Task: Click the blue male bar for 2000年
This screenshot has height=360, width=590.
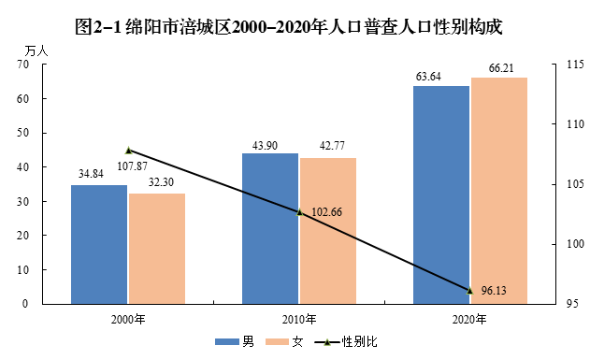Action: [99, 244]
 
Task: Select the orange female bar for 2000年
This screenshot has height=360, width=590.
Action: [157, 249]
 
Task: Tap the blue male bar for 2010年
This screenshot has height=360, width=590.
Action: [270, 229]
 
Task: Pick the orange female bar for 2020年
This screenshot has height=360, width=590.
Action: [499, 191]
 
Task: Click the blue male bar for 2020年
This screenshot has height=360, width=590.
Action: [441, 194]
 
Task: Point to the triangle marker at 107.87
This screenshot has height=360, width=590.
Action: [128, 151]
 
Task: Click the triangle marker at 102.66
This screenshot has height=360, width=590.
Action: [299, 212]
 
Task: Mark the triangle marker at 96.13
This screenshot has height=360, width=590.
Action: [469, 291]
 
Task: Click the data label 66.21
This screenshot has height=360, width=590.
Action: [501, 68]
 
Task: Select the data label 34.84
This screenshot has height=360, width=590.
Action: [91, 174]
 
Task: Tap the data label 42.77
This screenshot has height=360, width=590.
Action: [332, 146]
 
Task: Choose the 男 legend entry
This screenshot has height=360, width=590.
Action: [235, 341]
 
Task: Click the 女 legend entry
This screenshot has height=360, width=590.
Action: [284, 341]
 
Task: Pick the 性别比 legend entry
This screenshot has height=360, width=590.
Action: [346, 341]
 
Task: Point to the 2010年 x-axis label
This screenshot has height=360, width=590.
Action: [299, 320]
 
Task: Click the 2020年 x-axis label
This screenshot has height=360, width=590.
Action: [469, 320]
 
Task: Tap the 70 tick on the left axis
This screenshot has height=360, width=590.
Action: [23, 65]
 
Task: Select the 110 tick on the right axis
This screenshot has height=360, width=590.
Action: [576, 123]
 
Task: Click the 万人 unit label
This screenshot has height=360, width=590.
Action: [36, 50]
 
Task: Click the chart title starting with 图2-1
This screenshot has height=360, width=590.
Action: [289, 27]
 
